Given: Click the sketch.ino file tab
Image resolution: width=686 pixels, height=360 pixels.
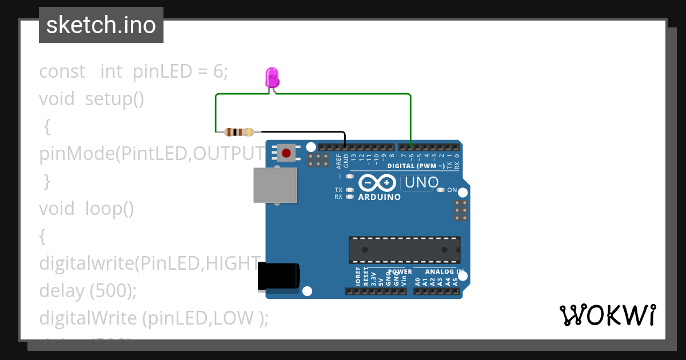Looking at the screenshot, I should (x=101, y=25).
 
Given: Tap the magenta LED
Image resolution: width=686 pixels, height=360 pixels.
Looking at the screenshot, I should (x=272, y=77).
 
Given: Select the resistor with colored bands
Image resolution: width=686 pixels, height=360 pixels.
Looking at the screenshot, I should (x=240, y=132).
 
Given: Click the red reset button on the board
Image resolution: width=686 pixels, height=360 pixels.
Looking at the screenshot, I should (x=286, y=153).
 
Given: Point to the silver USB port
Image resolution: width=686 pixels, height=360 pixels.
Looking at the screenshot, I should (x=276, y=185).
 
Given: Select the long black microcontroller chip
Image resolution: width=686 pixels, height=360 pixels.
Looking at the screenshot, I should (x=405, y=250).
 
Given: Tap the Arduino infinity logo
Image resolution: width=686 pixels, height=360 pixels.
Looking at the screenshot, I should (x=377, y=183).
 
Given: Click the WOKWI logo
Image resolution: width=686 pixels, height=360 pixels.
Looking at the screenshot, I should (x=607, y=315).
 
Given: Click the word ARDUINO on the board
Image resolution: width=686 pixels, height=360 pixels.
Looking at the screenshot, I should (x=379, y=197).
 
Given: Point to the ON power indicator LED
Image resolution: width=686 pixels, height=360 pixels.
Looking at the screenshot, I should (x=440, y=190).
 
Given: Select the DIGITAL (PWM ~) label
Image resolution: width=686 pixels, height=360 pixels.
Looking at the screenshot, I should (x=416, y=166).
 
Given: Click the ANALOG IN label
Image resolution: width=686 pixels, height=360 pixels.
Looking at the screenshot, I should (x=443, y=272).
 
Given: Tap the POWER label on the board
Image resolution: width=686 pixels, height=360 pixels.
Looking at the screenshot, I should (x=400, y=272).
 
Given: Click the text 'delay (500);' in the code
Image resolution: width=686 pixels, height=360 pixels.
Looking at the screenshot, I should (x=88, y=291).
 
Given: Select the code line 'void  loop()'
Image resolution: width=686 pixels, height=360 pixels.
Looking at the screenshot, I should (x=86, y=209).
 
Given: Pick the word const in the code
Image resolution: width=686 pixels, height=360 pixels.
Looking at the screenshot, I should (x=62, y=71).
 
